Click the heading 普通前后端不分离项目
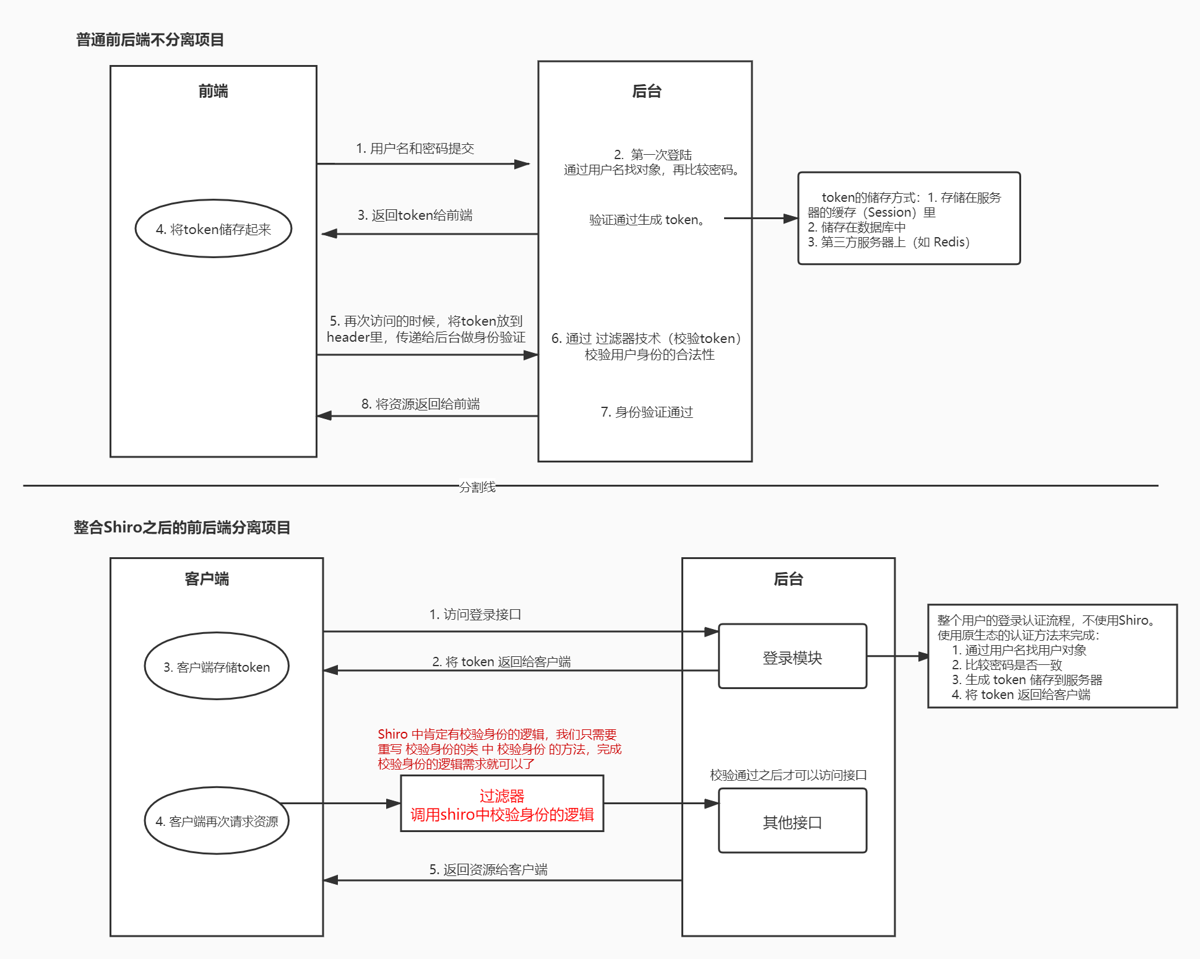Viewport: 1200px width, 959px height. pos(150,40)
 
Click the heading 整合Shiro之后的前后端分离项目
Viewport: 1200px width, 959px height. pos(182,527)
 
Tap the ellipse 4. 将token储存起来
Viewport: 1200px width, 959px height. pos(214,229)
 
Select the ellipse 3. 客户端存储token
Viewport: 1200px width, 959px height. pos(217,667)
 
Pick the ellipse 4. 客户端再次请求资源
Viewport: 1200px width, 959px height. pos(217,822)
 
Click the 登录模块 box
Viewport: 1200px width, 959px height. pos(792,657)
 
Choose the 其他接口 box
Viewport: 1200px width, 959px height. pos(792,822)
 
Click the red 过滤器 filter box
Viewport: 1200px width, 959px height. pos(502,804)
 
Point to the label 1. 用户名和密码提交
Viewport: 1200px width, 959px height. pos(415,149)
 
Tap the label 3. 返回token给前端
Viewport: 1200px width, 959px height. pos(415,215)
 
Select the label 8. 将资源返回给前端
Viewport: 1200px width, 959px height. pos(420,404)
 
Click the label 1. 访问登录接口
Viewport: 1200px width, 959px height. pos(475,614)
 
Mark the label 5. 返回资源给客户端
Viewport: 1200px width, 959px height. pos(488,869)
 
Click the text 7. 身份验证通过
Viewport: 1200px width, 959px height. pos(647,412)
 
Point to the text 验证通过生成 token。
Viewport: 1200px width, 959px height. pos(647,220)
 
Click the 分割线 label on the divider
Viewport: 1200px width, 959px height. pos(477,487)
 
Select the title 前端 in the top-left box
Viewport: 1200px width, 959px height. pos(214,92)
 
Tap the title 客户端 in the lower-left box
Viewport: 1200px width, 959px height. pos(207,579)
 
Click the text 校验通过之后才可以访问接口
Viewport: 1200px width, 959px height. pos(788,775)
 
